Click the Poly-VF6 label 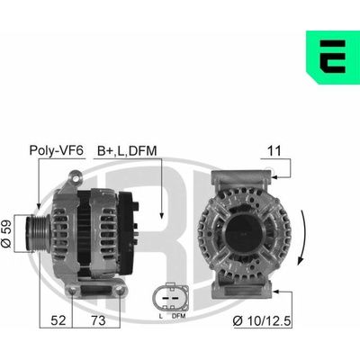(56, 150)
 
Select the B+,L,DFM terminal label (127, 151)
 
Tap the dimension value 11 (274, 151)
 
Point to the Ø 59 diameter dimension (6, 234)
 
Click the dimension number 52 (58, 320)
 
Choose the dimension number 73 (98, 320)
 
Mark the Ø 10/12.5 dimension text (262, 321)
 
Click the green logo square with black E (333, 57)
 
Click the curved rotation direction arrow (304, 238)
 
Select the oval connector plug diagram (170, 298)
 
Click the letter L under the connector (161, 316)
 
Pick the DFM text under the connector (179, 316)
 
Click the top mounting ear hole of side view (76, 178)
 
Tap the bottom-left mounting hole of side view (72, 291)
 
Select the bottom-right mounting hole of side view (120, 290)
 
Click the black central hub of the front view (244, 231)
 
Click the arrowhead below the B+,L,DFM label (161, 216)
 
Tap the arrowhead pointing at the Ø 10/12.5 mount (276, 292)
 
